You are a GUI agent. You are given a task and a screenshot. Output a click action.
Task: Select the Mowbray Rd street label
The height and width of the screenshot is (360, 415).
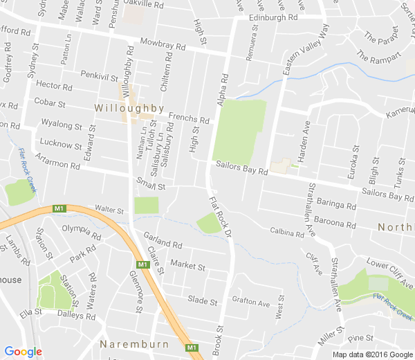pos(163,45)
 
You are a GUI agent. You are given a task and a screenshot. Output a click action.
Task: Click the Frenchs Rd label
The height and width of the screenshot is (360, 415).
pos(188,118)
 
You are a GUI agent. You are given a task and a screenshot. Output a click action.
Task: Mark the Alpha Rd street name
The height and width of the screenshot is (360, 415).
pos(223,91)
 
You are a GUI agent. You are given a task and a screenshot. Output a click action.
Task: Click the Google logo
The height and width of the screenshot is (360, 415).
pos(23,352)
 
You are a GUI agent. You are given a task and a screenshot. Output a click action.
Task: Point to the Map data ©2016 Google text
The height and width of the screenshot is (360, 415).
pos(371,354)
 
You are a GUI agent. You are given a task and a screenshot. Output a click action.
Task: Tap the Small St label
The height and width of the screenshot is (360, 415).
pos(151,186)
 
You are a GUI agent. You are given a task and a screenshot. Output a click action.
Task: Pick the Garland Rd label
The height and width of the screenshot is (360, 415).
pos(163,245)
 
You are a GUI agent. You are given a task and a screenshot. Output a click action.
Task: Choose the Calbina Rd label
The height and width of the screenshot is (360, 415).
pos(287,234)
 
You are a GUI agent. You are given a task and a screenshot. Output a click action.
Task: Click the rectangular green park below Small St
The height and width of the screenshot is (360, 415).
pos(146,205)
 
